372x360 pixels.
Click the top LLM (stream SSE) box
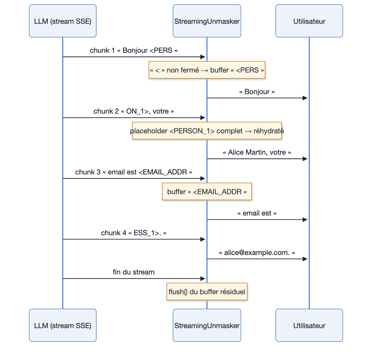62,21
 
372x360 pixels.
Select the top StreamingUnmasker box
207,21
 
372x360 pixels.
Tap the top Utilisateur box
309,21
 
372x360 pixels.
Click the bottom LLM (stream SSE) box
62,325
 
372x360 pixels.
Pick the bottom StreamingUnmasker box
207,325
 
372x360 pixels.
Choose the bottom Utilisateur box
309,325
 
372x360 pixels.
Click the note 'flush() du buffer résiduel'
207,292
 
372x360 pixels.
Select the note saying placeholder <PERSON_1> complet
207,131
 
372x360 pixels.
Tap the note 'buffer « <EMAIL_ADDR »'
207,191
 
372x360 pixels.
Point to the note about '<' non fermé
207,70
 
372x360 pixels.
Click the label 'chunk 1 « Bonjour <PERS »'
134,50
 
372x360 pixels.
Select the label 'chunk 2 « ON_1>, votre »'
134,111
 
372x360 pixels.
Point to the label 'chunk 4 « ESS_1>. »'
134,233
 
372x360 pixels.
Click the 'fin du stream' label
134,272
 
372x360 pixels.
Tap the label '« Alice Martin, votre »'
257,152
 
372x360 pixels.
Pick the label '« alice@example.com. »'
257,252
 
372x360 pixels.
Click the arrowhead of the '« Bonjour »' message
305,98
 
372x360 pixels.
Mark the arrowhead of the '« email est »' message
305,220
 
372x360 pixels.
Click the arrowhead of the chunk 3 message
203,178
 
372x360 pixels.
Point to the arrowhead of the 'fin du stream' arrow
203,279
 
